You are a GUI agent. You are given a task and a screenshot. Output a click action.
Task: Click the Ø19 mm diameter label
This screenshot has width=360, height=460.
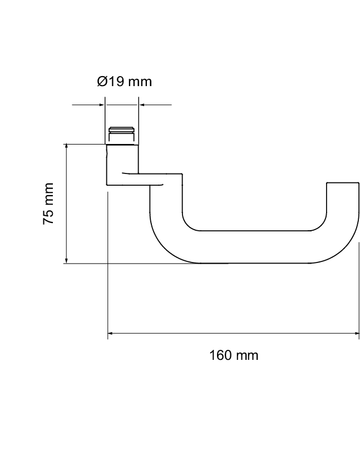point(125,81)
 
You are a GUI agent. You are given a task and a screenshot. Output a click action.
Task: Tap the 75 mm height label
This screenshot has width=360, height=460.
point(48,204)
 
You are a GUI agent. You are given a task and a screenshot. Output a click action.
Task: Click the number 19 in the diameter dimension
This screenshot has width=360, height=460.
point(115,81)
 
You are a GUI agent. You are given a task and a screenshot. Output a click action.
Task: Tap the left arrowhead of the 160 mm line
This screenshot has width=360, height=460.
point(111,334)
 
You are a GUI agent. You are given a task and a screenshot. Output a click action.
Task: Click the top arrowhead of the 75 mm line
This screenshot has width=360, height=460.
point(67,147)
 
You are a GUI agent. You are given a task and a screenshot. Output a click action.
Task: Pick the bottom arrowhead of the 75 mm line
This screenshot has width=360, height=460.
point(67,261)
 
